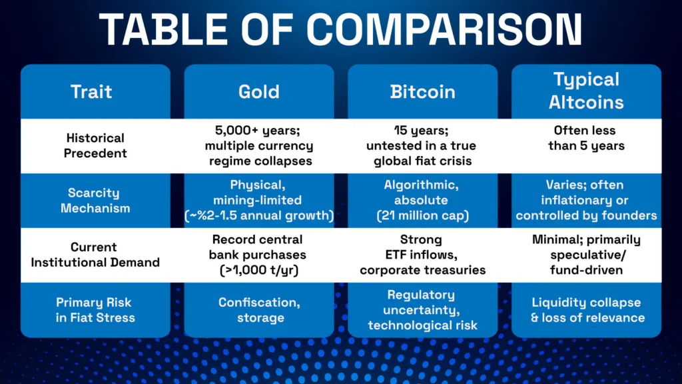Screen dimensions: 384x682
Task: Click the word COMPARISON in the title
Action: (445, 30)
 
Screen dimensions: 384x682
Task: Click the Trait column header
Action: (92, 91)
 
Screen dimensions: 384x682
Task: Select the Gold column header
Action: (259, 91)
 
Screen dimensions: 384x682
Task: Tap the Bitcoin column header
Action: (422, 91)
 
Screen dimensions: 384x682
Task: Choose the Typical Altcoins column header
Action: (586, 91)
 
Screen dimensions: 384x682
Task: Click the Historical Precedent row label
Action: (95, 145)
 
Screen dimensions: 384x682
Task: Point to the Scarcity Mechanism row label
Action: (95, 200)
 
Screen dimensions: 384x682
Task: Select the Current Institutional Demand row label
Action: (95, 255)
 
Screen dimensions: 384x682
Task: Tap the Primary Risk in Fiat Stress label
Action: (95, 309)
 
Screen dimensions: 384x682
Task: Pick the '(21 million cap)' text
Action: (422, 215)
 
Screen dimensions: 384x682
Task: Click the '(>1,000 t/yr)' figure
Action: (259, 270)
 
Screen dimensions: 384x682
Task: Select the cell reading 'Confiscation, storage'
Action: (259, 309)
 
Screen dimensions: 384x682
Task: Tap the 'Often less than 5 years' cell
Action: (586, 138)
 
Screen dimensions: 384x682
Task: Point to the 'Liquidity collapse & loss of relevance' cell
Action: (586, 309)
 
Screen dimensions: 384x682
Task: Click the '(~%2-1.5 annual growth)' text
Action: (259, 215)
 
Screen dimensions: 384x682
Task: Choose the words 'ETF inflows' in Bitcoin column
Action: (422, 255)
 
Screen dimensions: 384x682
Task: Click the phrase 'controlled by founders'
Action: (586, 215)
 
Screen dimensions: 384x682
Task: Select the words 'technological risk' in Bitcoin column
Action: (422, 325)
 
